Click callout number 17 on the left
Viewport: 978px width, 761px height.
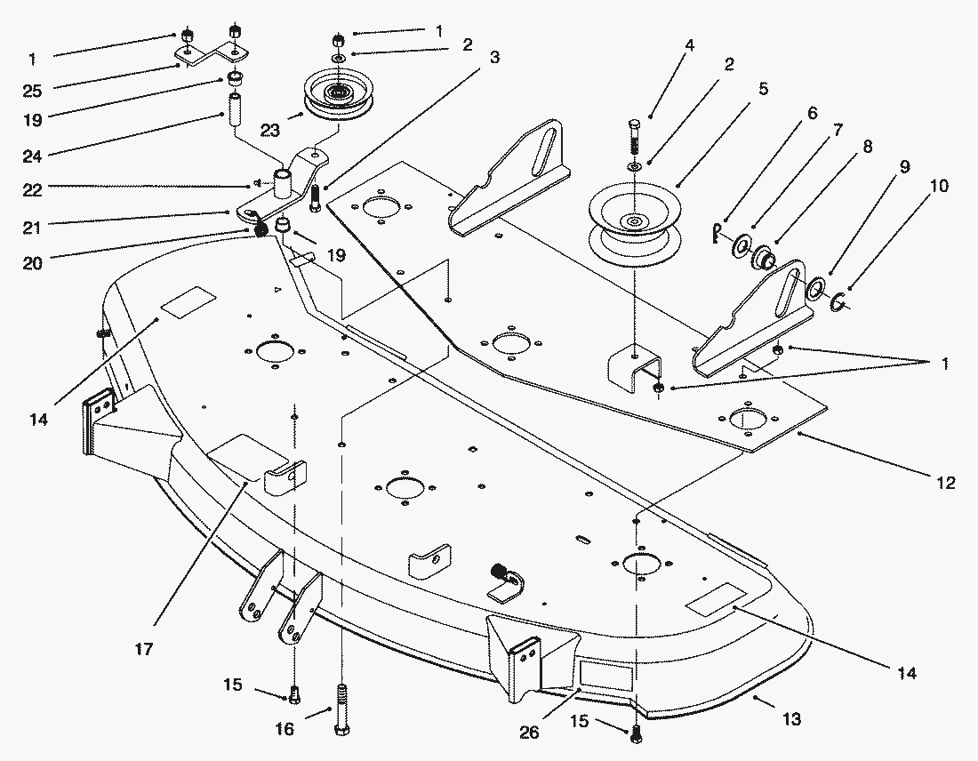(x=144, y=650)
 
